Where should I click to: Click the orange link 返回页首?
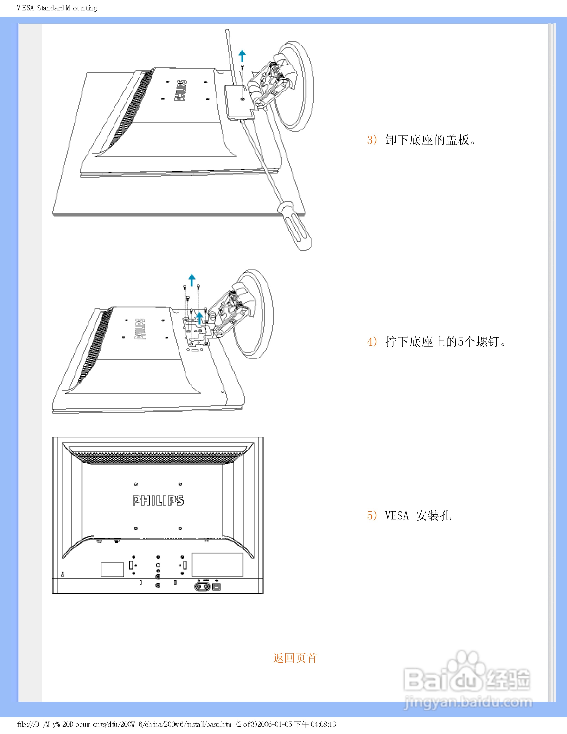(295, 658)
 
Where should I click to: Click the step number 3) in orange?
(372, 139)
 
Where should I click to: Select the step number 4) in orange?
(372, 342)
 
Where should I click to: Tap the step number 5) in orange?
(372, 515)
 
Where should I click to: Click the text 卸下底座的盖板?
(427, 140)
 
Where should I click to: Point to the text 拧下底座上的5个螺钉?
(442, 342)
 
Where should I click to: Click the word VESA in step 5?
(397, 516)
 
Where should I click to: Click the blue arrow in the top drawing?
(242, 56)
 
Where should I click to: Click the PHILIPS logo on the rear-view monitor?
(158, 500)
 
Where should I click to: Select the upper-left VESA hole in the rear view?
(136, 484)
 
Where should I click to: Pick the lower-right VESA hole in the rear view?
(180, 528)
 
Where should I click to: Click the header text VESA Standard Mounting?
(57, 8)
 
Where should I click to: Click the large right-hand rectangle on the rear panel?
(217, 565)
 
